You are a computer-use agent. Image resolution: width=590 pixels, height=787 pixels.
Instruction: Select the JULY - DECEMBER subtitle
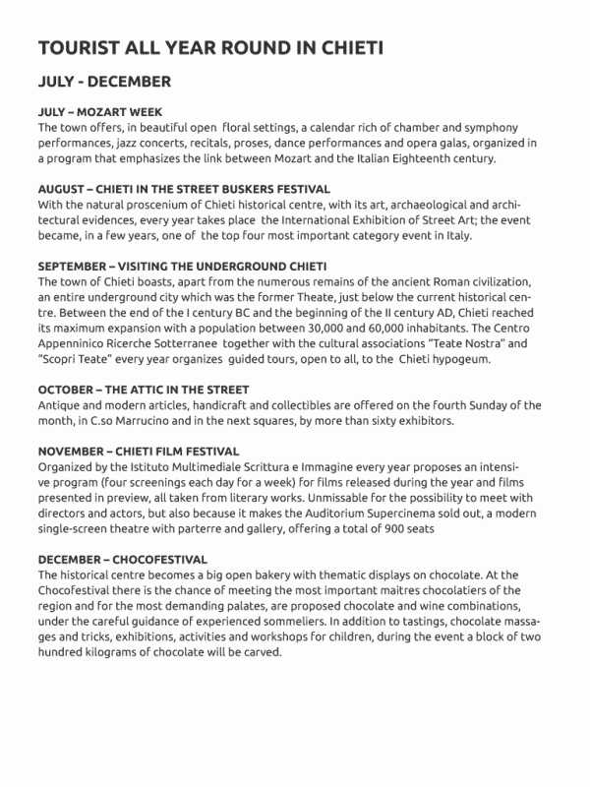[104, 81]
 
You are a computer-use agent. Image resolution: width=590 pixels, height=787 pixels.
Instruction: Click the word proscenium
[136, 204]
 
